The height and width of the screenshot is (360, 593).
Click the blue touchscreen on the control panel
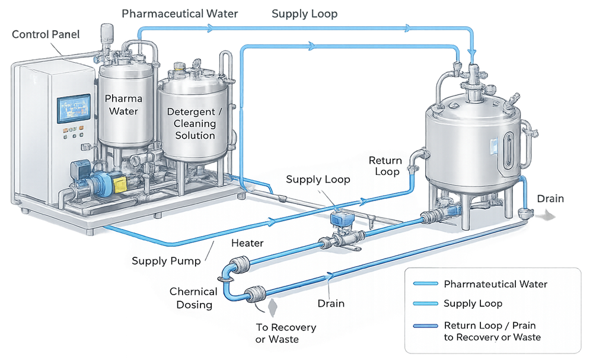coord(70,109)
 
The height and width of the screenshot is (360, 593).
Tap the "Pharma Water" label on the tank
coord(121,104)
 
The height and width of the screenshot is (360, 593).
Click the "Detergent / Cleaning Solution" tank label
coord(191,123)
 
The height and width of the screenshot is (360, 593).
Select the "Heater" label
coord(247,243)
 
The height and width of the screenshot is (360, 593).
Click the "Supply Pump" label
coord(165,261)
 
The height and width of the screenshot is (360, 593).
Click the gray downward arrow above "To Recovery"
coord(273,307)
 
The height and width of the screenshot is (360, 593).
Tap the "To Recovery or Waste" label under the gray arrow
coord(286,333)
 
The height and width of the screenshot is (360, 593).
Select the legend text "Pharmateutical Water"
coord(495,284)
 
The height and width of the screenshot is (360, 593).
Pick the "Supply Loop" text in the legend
coord(473,304)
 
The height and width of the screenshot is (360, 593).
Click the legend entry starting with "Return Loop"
coord(492,331)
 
